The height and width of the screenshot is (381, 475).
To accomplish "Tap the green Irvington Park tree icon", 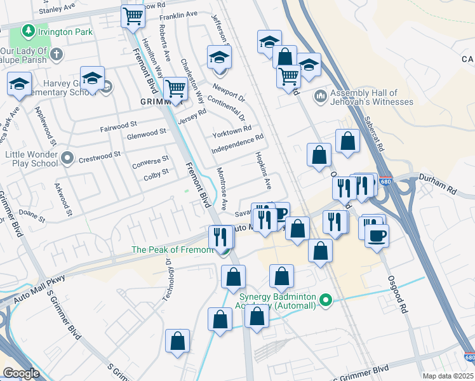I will [28, 30].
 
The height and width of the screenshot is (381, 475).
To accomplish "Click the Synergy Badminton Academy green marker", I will [326, 299].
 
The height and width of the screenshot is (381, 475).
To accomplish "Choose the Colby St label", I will [156, 173].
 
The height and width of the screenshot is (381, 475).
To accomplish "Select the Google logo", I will [21, 373].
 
